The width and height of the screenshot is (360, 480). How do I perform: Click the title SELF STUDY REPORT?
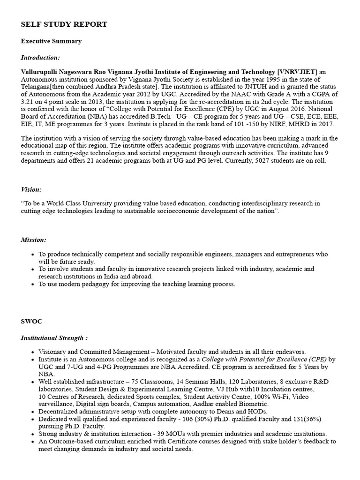click(64, 24)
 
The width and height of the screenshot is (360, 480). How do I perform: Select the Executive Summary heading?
click(51, 41)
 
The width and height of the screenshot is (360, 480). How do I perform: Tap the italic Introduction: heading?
click(40, 58)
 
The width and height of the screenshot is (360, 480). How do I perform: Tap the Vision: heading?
click(31, 189)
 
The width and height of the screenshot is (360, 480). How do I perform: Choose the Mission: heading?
click(33, 240)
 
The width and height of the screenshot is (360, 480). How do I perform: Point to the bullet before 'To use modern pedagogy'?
click(31, 284)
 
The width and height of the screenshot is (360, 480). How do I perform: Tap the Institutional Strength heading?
click(54, 338)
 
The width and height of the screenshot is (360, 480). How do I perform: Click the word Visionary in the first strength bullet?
click(53, 352)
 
